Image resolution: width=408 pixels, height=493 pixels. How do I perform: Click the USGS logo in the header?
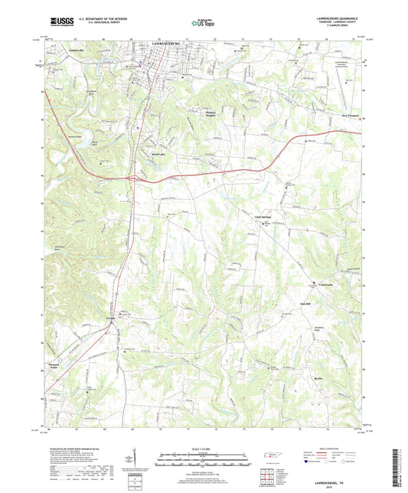57,23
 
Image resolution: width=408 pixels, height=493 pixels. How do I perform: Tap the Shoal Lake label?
157,152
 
